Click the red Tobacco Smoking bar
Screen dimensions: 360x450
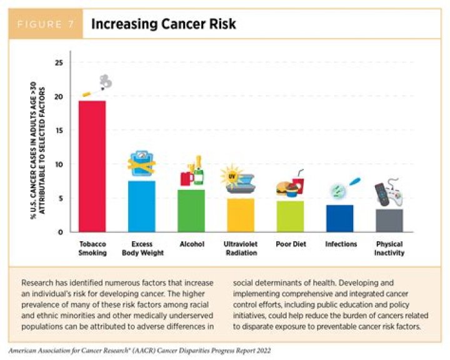[91, 166]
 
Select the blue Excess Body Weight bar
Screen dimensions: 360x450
[141, 206]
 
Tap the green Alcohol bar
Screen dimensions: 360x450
[191, 210]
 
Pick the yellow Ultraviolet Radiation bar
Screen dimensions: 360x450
[241, 214]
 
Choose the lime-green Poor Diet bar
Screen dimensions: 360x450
[290, 216]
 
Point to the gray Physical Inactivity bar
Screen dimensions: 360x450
[389, 220]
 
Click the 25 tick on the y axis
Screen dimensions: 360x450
[59, 62]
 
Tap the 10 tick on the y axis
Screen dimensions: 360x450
[59, 164]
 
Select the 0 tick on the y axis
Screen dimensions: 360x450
[61, 232]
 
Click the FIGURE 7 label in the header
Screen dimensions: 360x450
[45, 25]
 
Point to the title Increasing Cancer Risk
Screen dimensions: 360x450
[163, 25]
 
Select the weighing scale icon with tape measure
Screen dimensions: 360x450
[142, 164]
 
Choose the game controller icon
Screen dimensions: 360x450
[388, 194]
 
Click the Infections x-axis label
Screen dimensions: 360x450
[341, 244]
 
